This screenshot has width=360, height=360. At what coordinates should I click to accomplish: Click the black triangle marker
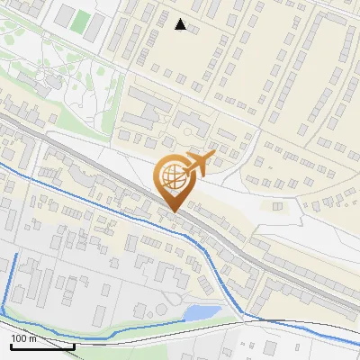click(x=181, y=24)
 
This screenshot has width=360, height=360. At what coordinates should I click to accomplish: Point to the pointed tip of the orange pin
click(x=172, y=211)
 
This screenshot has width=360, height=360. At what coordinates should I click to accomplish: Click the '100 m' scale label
click(x=23, y=338)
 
